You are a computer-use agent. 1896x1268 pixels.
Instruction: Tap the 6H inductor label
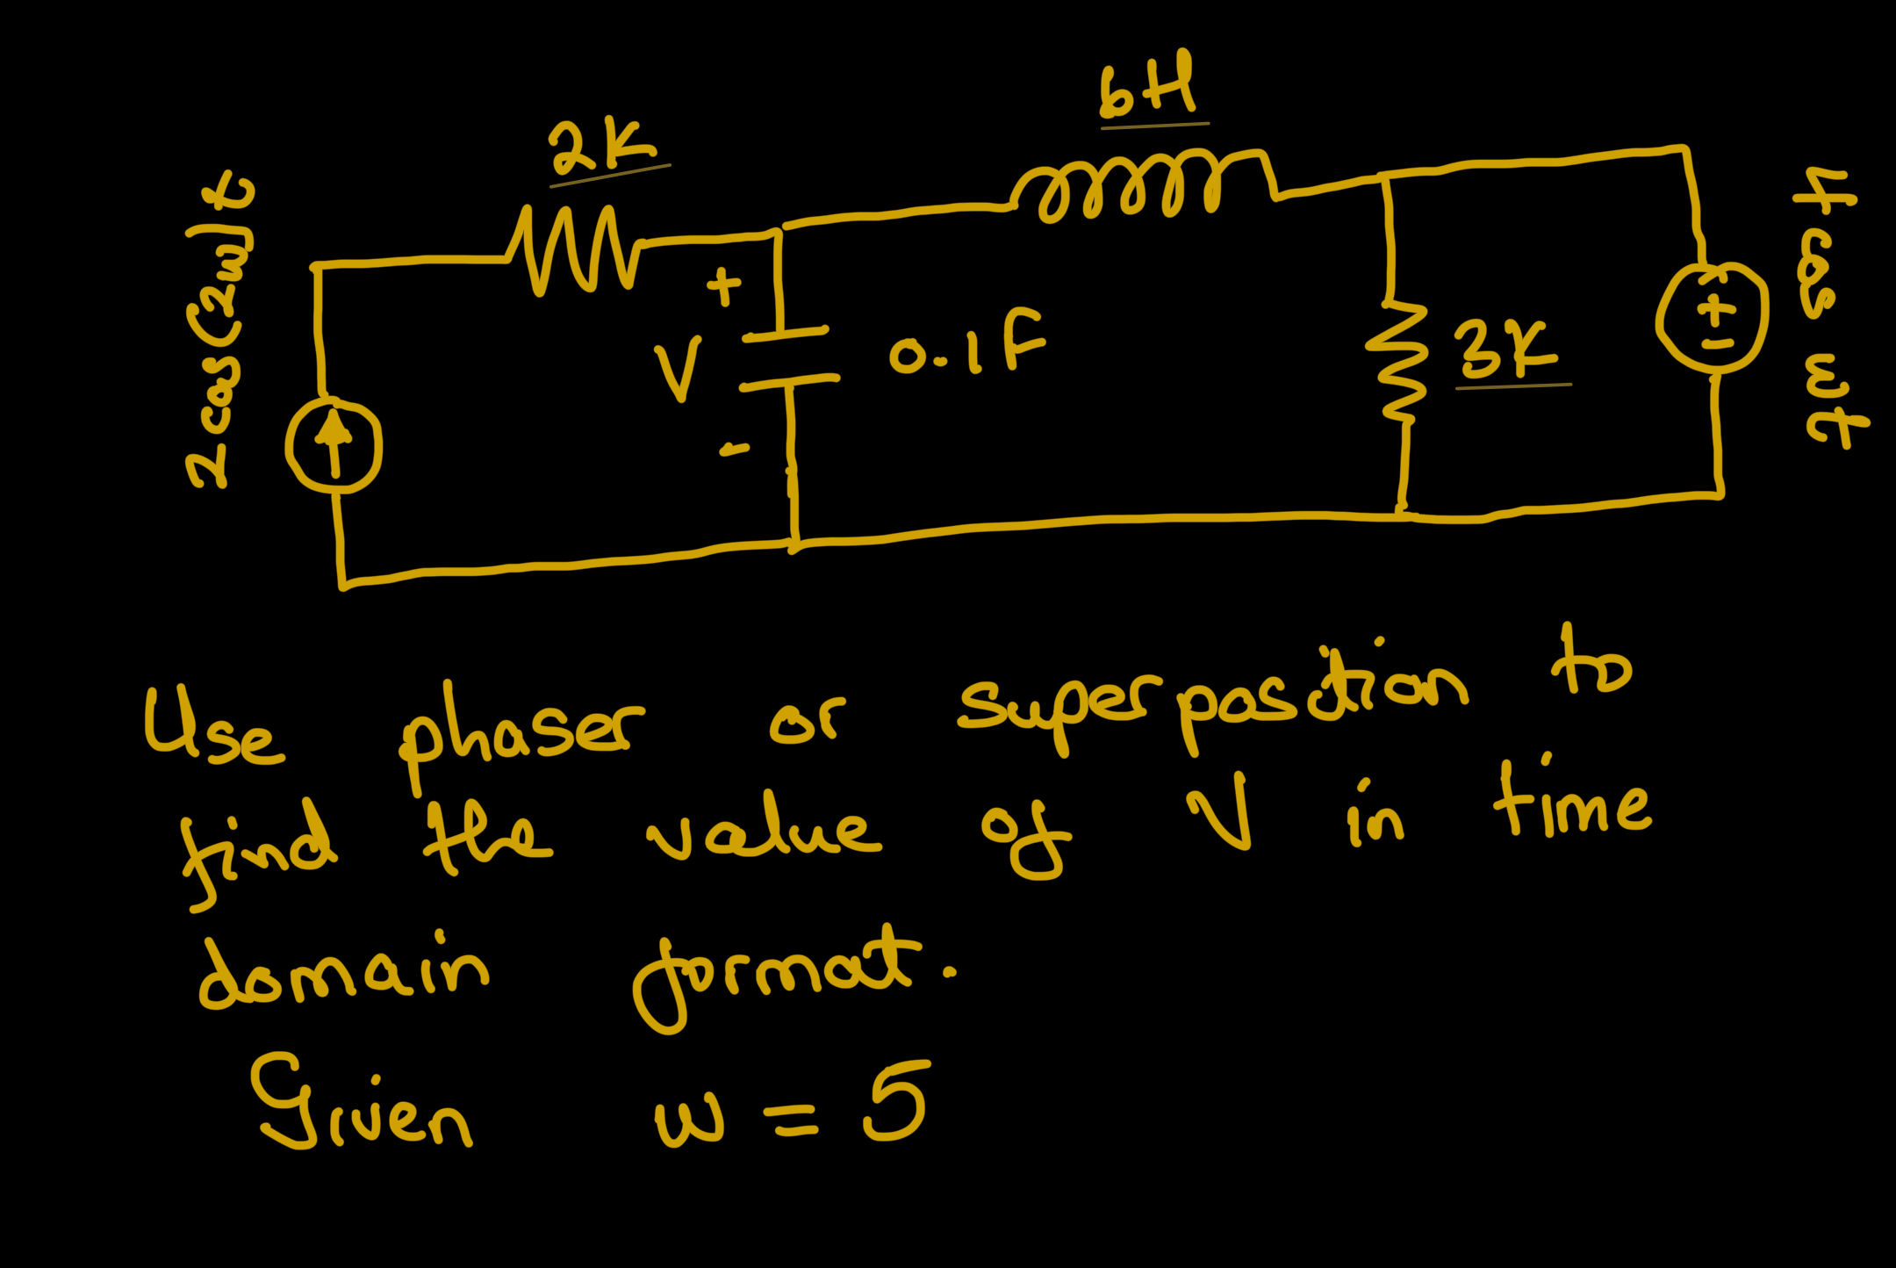click(1148, 86)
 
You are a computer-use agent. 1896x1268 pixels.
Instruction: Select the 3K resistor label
click(1506, 350)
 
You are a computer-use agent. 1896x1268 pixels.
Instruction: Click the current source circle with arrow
click(334, 445)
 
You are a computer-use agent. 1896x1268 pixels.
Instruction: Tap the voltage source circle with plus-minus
click(1712, 318)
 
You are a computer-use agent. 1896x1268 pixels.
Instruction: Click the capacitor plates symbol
click(788, 357)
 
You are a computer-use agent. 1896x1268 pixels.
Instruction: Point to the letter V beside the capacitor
click(679, 369)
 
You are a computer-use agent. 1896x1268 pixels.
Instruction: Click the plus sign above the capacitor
click(724, 286)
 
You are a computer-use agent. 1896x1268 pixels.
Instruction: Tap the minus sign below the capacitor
click(734, 450)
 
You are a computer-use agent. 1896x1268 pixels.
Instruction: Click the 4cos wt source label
click(1830, 307)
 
